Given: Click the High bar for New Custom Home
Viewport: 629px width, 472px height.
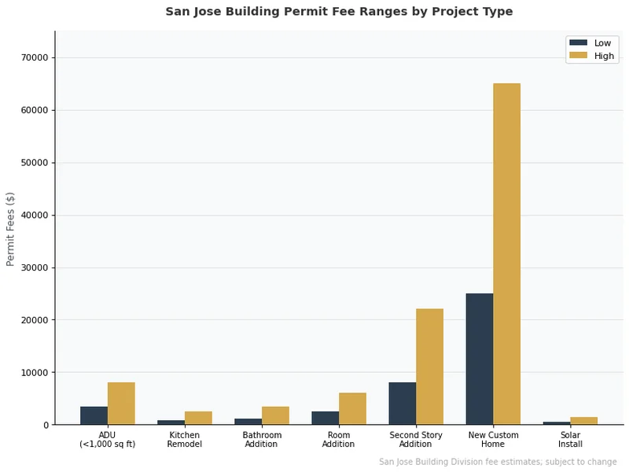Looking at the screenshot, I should pyautogui.click(x=506, y=253).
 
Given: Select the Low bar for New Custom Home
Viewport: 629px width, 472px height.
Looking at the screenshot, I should pyautogui.click(x=480, y=359).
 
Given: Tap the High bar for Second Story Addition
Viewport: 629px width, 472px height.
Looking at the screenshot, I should pyautogui.click(x=429, y=367).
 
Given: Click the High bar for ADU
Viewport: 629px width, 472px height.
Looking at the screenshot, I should pyautogui.click(x=121, y=404).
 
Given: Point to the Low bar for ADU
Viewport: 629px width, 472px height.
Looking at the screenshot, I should pyautogui.click(x=94, y=415).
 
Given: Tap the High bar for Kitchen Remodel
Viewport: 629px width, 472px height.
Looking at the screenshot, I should pyautogui.click(x=198, y=418).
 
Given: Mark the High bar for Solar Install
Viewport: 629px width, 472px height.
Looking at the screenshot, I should pyautogui.click(x=583, y=421).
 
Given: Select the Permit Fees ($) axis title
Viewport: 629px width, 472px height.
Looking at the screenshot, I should pyautogui.click(x=11, y=228).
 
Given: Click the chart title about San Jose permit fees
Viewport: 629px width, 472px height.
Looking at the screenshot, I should pyautogui.click(x=339, y=12).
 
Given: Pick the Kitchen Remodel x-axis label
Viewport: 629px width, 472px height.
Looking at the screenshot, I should pyautogui.click(x=185, y=440).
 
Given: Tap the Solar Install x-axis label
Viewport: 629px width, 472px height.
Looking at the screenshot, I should pyautogui.click(x=570, y=440).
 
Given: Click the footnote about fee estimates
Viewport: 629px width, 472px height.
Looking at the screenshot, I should pyautogui.click(x=498, y=462).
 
